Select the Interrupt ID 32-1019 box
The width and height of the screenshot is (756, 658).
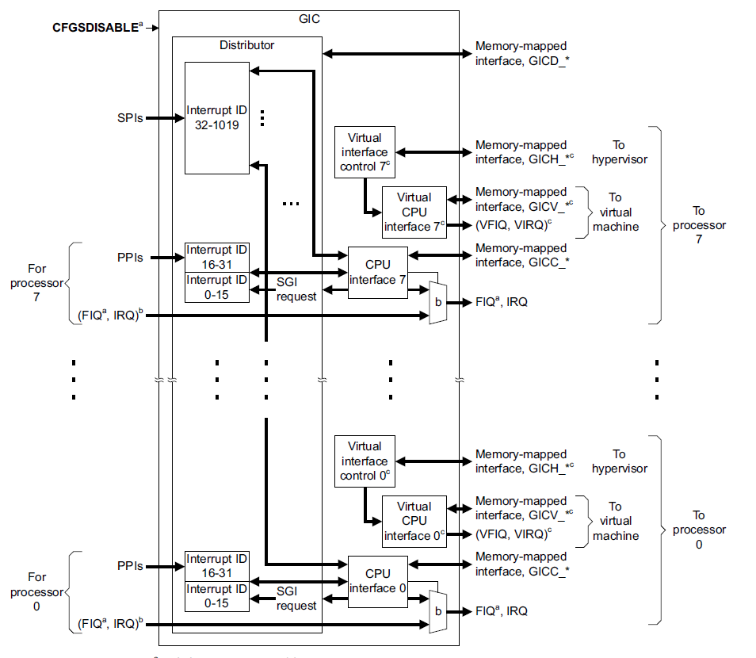(216, 117)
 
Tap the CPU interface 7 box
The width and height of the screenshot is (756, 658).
(377, 272)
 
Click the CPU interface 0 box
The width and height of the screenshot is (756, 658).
(377, 581)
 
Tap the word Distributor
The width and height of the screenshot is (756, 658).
(246, 45)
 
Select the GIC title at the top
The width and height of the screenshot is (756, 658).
(310, 19)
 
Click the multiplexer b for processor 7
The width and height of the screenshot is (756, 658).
(437, 302)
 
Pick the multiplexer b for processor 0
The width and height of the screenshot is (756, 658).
(437, 611)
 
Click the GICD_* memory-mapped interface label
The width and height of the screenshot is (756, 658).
(521, 53)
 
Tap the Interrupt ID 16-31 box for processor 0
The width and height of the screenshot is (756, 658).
(216, 566)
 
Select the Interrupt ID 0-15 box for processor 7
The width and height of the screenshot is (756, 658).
(216, 287)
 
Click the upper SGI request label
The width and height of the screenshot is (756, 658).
(297, 289)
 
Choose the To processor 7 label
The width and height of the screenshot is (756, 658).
(698, 224)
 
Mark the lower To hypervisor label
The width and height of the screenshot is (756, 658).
(619, 461)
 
